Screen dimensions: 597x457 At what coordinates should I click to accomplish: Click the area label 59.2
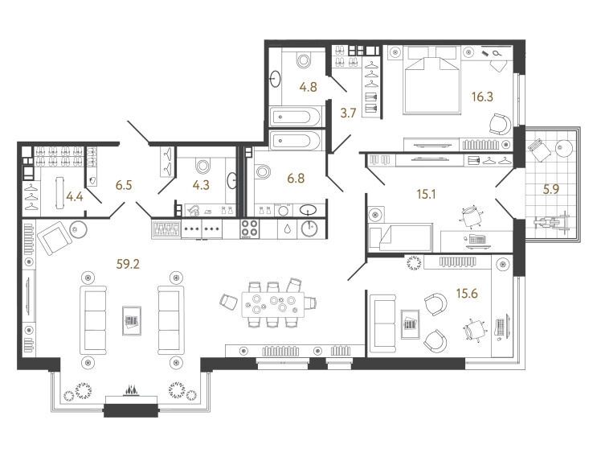(129, 264)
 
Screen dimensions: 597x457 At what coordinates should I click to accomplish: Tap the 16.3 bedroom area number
(482, 97)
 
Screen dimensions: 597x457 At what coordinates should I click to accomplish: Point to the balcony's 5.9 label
(550, 189)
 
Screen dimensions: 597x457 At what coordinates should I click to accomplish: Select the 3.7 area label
(348, 113)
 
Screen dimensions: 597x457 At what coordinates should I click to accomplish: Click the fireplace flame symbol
(131, 391)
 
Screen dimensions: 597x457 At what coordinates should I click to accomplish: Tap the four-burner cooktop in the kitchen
(250, 228)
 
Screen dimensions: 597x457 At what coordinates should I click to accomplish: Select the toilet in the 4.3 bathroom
(202, 166)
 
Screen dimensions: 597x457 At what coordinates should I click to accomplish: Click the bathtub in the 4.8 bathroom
(294, 117)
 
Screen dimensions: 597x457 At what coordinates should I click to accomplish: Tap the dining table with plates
(273, 305)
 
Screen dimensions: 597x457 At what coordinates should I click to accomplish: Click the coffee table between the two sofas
(132, 320)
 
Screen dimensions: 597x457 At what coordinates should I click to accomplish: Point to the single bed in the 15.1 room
(400, 237)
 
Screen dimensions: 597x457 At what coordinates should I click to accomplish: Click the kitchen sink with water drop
(288, 228)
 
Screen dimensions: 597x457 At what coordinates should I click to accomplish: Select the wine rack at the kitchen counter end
(166, 228)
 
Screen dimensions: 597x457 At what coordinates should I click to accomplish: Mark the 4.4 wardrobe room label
(75, 197)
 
